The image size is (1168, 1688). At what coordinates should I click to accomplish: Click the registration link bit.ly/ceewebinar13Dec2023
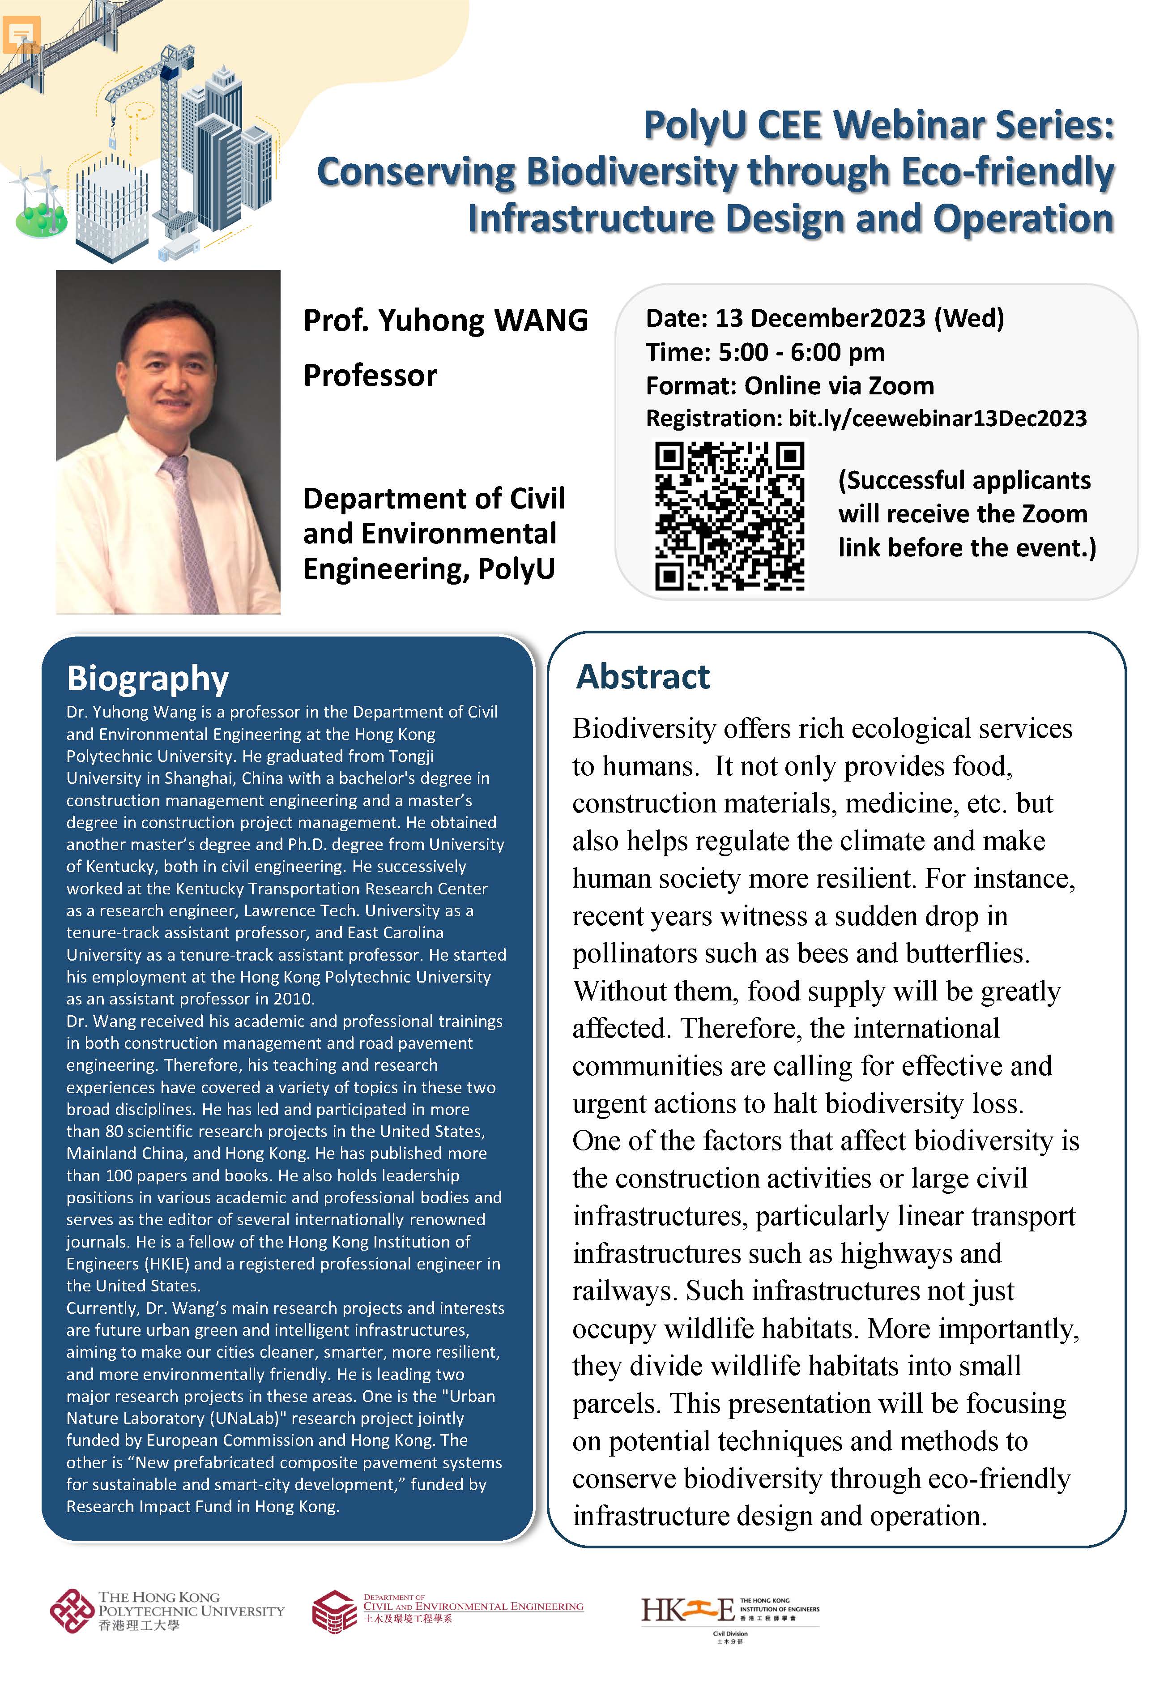937,418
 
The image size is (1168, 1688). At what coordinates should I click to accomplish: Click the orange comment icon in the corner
21,33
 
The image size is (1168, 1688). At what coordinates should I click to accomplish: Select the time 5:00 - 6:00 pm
801,352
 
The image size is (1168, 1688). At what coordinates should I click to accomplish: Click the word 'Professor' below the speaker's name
370,376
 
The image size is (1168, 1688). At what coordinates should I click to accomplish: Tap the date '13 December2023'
820,318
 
